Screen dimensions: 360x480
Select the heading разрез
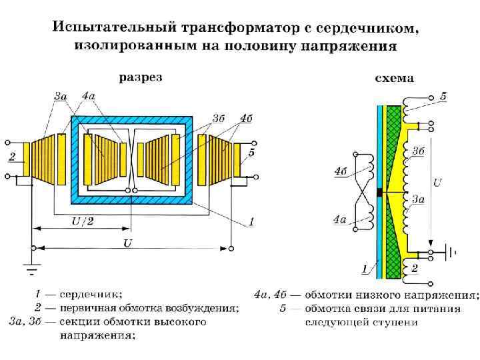pos(140,77)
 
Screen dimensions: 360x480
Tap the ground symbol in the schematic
pos(453,253)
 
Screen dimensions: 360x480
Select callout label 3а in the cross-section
pos(61,96)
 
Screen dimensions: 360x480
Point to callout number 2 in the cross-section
pos(12,158)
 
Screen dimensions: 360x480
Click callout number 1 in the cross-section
pos(251,220)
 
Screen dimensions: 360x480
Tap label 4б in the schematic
pos(341,171)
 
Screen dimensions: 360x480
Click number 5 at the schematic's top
pos(443,97)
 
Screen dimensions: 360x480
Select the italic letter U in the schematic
pos(437,181)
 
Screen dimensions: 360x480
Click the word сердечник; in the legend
pos(91,293)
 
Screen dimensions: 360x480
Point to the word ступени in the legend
pos(397,323)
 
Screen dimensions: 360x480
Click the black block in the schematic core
pos(379,193)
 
